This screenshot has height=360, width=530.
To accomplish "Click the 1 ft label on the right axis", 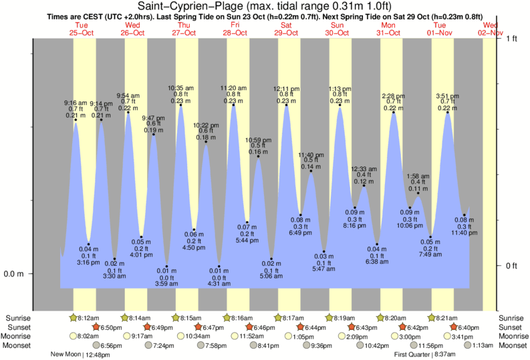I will point(511,39).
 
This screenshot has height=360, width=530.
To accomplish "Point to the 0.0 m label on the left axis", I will point(14,274).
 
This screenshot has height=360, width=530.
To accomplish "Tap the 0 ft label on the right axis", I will point(511,266).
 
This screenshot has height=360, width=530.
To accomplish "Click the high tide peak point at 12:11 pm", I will point(286,105).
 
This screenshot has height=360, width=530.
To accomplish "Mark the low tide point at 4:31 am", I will point(219,266).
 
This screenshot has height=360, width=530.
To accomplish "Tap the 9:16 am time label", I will point(76,102).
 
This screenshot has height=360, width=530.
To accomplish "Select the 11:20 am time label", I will point(233,87).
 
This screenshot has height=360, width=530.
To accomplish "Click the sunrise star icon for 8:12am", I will point(74,317).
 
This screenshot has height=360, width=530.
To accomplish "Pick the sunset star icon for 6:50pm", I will point(95,327).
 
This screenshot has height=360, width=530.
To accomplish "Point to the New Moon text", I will point(65,355).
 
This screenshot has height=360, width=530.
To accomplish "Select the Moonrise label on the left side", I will point(20,336).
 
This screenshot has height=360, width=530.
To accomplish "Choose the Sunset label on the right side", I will point(511,327).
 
